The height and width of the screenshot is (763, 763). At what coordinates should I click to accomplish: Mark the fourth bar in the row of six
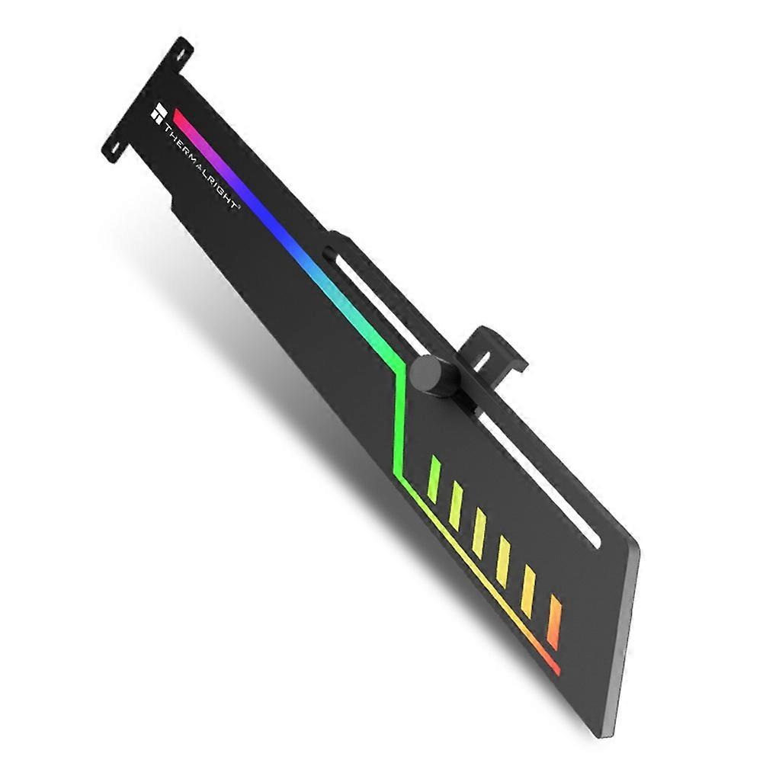tap(504, 561)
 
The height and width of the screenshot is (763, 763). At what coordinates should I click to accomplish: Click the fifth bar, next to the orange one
tap(528, 591)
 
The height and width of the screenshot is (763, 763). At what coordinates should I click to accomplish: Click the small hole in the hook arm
tap(485, 357)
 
